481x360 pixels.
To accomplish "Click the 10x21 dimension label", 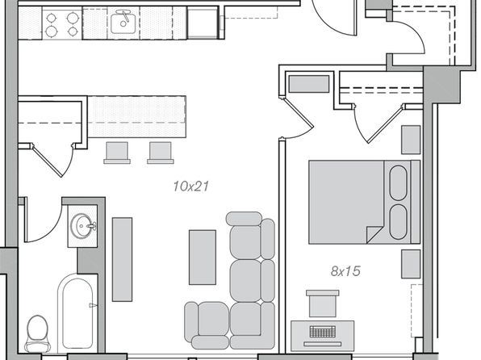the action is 190,186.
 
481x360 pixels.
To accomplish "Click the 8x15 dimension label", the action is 345,271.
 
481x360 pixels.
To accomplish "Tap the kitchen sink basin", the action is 123,22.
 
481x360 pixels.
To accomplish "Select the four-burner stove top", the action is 62,23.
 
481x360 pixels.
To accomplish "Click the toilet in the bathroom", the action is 37,333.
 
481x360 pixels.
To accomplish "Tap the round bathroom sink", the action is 82,225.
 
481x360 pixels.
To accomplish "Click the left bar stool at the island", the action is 117,153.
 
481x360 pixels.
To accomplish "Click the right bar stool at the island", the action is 160,153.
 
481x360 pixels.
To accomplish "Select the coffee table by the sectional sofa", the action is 202,257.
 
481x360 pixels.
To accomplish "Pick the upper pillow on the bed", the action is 398,183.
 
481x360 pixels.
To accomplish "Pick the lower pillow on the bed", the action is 398,222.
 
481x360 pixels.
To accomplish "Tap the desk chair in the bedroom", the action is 322,303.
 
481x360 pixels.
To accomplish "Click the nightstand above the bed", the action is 411,140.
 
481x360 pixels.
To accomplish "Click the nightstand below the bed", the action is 411,264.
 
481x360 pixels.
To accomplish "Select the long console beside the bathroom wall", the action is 122,259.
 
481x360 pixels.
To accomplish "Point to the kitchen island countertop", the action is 137,116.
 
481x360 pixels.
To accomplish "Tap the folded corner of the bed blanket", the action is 374,234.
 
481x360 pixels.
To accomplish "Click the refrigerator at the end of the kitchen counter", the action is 203,23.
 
